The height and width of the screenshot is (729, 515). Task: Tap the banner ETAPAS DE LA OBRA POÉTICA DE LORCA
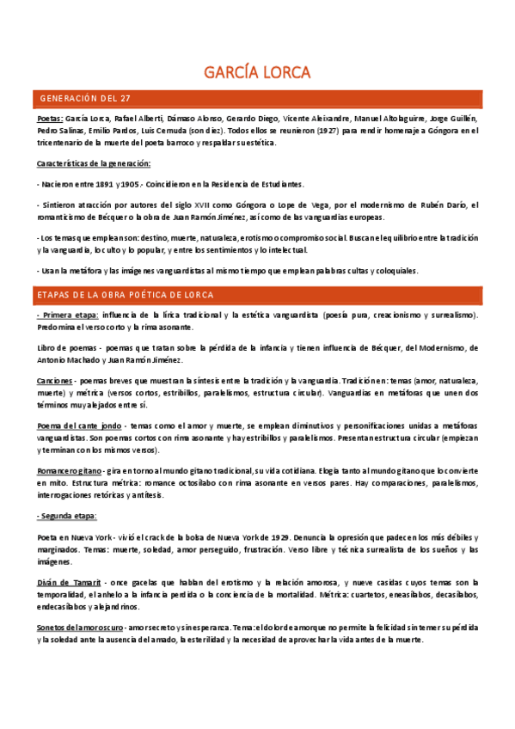[x=126, y=295]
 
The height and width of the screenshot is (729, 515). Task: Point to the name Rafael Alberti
[x=140, y=118]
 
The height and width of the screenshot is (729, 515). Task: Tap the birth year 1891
[x=101, y=184]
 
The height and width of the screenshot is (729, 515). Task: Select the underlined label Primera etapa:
[x=68, y=315]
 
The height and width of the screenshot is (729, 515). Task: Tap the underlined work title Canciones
[x=54, y=380]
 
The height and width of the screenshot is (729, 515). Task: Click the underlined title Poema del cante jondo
[x=80, y=426]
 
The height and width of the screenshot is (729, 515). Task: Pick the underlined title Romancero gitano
[x=69, y=471]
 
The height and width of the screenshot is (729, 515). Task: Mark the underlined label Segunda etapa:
[x=67, y=516]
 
